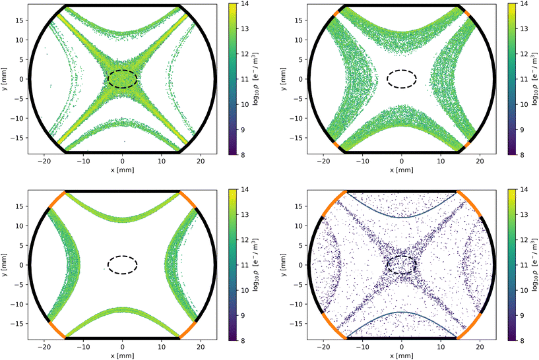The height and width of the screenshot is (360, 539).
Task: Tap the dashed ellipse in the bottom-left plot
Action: (x=123, y=256)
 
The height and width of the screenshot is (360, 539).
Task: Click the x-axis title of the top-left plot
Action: (x=122, y=170)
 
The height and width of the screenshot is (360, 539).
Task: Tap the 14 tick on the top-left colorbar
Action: (x=243, y=4)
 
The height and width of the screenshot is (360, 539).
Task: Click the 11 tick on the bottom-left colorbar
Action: (x=243, y=265)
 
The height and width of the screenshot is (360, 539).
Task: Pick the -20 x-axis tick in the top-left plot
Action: (x=44, y=161)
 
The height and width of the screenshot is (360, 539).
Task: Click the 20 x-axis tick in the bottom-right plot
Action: (x=480, y=347)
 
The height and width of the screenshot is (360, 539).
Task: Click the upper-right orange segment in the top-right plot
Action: (x=467, y=13)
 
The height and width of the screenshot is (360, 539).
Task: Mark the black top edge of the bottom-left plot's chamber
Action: (x=122, y=191)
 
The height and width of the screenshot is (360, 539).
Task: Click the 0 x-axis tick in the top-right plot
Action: (x=402, y=161)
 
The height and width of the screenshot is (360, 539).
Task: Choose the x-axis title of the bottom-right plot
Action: (x=401, y=356)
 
